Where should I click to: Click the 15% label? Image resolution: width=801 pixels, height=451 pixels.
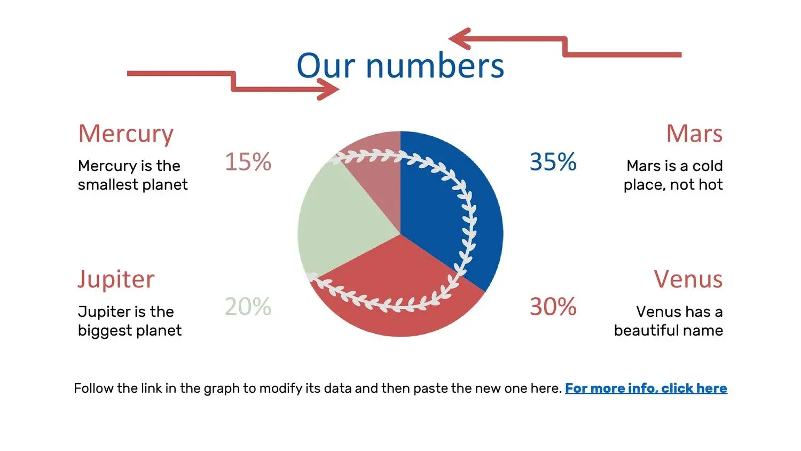coord(248,161)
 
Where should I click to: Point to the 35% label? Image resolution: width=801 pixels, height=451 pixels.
coord(553,161)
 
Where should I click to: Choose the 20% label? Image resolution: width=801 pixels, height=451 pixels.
coord(248,307)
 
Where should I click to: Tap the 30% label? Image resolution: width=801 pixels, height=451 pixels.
coord(553,307)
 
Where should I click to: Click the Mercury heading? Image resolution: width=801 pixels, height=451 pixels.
coord(126,135)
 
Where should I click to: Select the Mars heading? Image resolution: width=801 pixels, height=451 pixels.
coord(694,134)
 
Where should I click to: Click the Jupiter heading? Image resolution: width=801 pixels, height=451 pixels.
coord(116,280)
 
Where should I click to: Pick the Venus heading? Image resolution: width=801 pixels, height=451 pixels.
coord(688,279)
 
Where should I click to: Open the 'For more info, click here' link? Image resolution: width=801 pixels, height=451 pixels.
coord(646,388)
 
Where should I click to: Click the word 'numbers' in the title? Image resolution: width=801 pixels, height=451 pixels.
coord(435,66)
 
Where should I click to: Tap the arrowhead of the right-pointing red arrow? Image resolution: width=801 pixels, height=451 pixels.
coord(328,89)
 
